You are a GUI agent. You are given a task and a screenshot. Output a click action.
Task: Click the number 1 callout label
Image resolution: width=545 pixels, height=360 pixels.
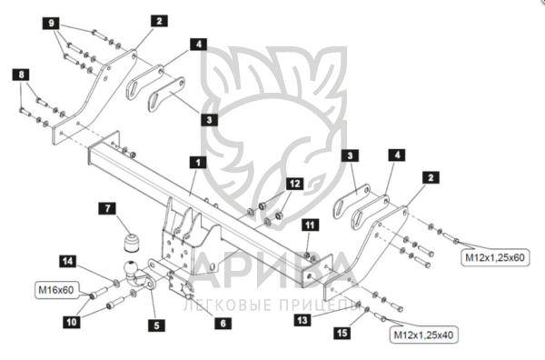(x=198, y=163)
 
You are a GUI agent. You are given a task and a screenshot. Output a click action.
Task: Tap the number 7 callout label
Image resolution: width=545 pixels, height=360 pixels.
(x=107, y=208)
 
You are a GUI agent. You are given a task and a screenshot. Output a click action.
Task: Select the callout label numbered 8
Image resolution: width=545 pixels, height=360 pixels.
(x=21, y=75)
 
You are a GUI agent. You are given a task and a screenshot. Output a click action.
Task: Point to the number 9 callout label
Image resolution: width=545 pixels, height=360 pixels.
(x=52, y=23)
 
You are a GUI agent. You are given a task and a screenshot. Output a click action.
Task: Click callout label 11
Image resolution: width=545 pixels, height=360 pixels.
(x=310, y=225)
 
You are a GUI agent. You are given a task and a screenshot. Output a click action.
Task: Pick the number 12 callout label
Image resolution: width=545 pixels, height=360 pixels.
(x=294, y=184)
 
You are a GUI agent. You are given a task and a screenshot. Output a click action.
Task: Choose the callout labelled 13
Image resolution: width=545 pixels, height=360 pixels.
(x=302, y=320)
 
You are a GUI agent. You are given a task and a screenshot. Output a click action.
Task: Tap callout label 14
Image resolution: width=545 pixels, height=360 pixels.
(x=68, y=261)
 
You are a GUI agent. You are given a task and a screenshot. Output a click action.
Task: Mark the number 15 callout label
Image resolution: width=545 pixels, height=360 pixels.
(x=342, y=333)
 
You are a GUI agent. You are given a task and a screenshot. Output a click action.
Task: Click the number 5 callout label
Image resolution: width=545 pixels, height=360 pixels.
(x=156, y=325)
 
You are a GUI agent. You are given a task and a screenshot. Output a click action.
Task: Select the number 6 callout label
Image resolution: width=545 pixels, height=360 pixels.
(x=223, y=323)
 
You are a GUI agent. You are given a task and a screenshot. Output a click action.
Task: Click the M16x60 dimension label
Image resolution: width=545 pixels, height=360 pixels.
(x=56, y=290)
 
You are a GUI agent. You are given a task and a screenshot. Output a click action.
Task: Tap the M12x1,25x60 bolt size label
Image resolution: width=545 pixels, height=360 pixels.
(x=495, y=257)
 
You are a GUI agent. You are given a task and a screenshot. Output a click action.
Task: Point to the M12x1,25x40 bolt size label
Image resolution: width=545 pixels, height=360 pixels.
(x=423, y=335)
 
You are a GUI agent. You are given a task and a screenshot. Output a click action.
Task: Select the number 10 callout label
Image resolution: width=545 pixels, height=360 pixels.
(x=71, y=322)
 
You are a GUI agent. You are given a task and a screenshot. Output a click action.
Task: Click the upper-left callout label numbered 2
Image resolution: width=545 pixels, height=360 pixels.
(x=159, y=21)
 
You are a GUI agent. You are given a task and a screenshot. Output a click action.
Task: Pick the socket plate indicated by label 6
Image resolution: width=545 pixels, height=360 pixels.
(x=182, y=285)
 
